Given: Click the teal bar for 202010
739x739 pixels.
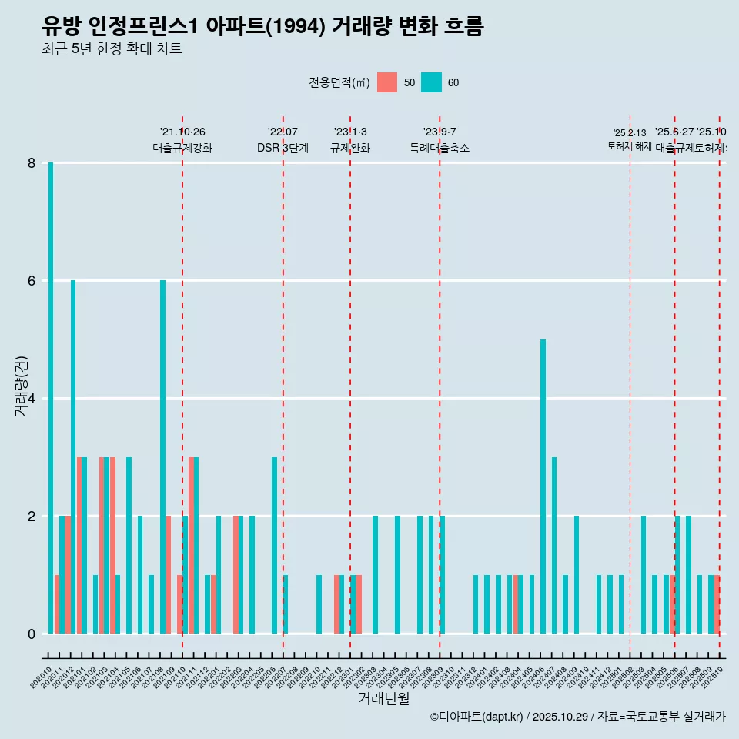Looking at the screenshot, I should click(x=51, y=398).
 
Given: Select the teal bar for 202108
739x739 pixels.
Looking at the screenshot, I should click(x=162, y=456).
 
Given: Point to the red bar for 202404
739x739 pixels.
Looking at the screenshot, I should click(x=516, y=604).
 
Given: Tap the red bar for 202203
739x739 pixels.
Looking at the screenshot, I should click(x=236, y=574).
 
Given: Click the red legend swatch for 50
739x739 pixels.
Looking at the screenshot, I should click(x=387, y=82).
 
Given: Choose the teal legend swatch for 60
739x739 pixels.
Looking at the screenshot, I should click(x=432, y=82).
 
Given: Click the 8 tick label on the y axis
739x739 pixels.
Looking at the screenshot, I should click(x=32, y=163).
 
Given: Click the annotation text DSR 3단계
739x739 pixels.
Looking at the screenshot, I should click(x=283, y=148).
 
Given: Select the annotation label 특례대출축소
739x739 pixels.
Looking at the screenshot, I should click(x=440, y=148).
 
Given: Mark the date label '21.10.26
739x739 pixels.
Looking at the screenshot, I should click(x=182, y=132).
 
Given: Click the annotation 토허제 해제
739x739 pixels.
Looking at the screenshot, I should click(x=630, y=146).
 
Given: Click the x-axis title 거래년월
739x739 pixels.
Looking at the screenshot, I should click(x=383, y=698).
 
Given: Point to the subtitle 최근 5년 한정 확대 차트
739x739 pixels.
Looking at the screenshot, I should click(x=112, y=49).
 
